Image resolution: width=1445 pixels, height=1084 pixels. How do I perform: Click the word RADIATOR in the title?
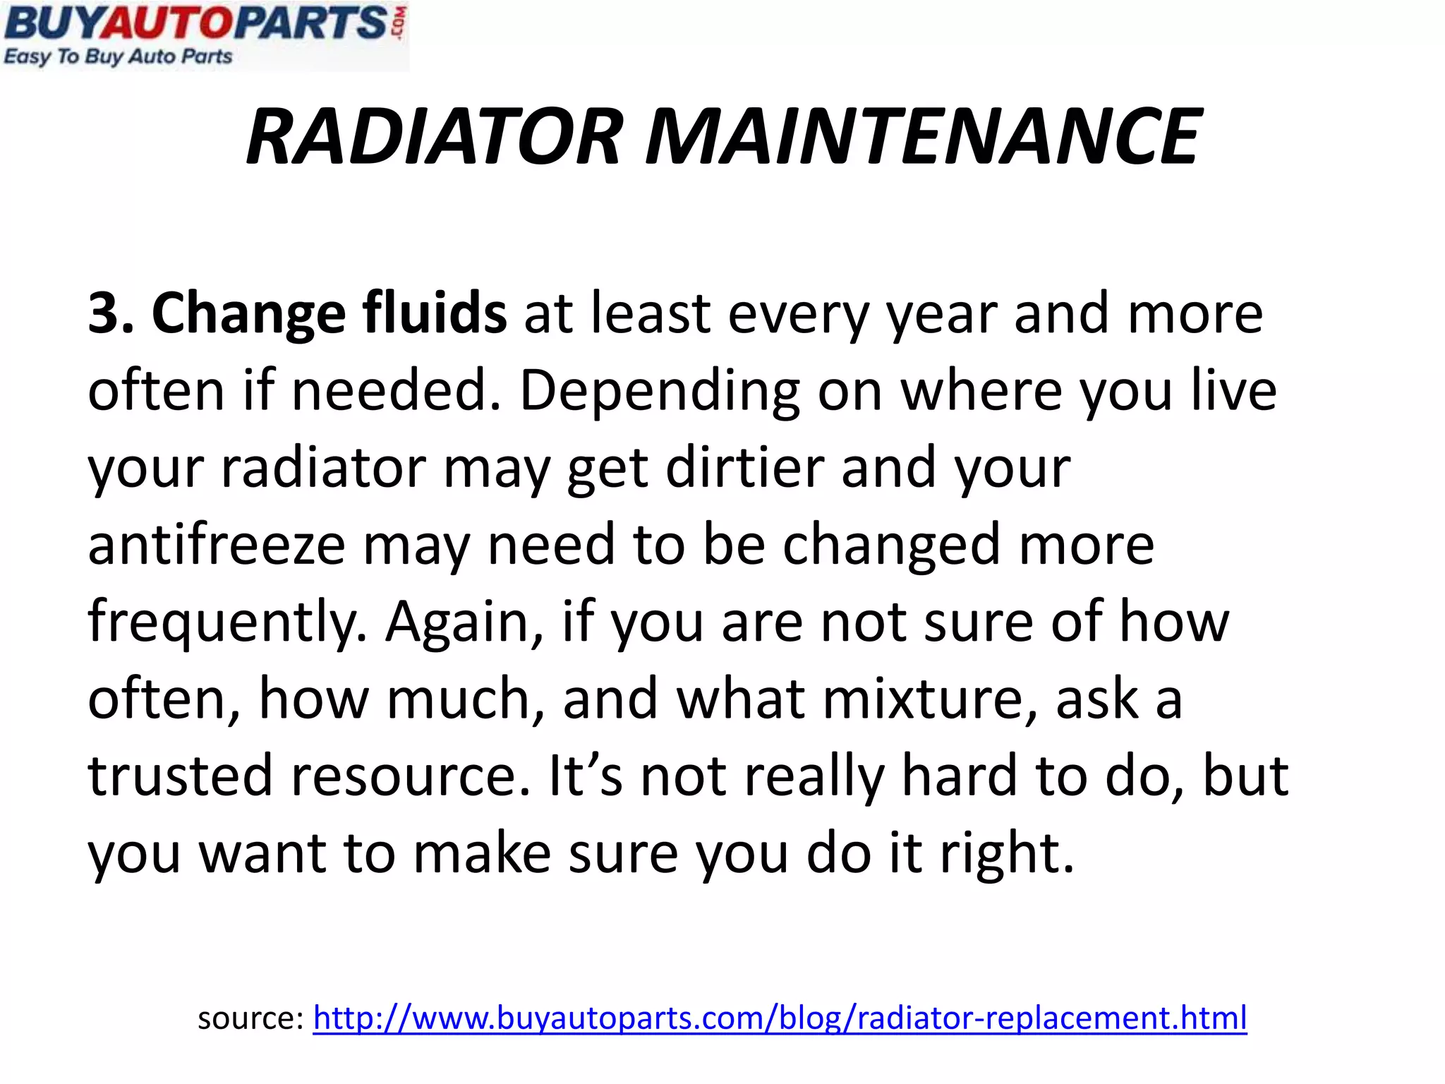435,136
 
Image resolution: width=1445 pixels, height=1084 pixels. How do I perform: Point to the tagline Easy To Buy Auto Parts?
118,56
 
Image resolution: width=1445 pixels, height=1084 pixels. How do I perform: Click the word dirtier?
744,467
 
